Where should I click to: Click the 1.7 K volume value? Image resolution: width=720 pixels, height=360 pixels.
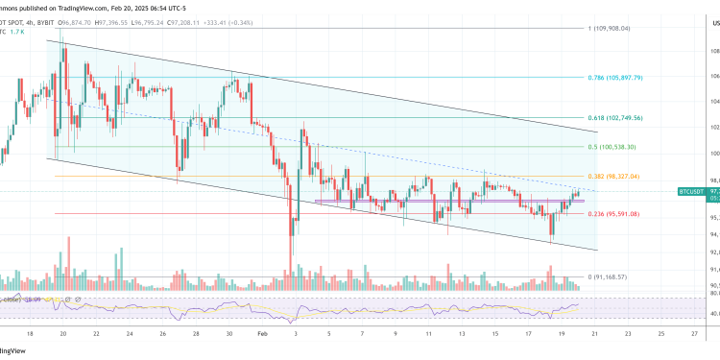(30, 31)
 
